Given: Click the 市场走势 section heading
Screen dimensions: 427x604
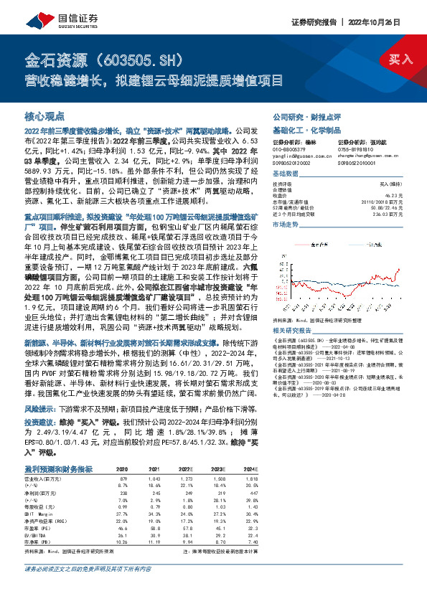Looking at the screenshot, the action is [x=285, y=225].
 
